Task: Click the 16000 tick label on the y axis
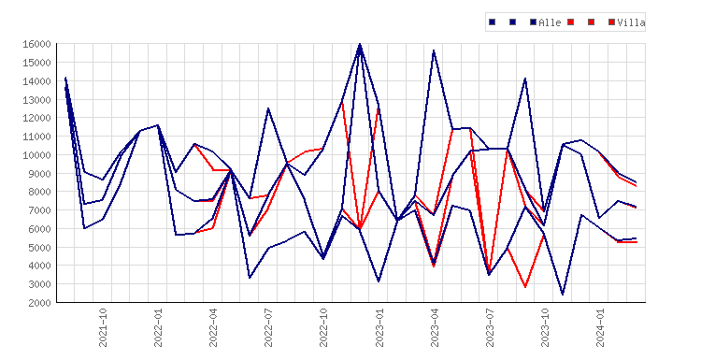36,44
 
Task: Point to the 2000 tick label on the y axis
39,303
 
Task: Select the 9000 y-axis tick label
39,174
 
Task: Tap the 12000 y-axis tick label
36,118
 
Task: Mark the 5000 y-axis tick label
39,247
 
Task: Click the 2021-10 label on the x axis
103,327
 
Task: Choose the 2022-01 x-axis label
158,327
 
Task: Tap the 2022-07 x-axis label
268,327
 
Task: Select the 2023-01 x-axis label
379,327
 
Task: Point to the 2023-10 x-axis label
545,327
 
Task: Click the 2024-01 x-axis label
600,327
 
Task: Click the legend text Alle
550,22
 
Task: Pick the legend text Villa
631,22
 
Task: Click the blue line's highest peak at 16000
361,44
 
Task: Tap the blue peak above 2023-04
434,50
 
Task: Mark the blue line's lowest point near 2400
563,295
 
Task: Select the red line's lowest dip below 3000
525,287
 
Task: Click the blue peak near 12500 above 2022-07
268,108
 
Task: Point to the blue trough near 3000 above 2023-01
379,281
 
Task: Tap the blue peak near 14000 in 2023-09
525,79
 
